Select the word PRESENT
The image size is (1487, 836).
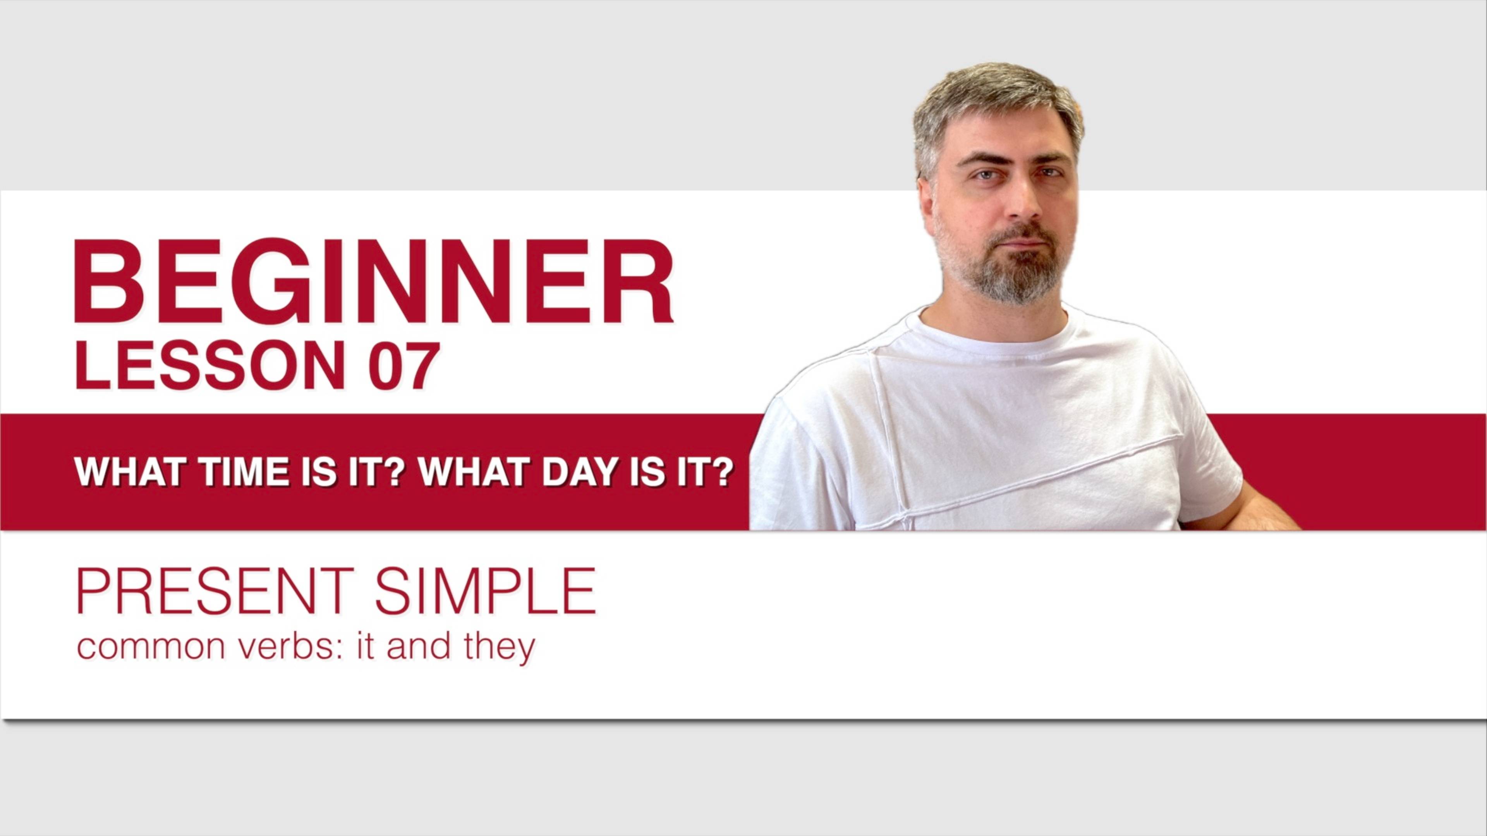215,591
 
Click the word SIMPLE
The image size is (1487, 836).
486,591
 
